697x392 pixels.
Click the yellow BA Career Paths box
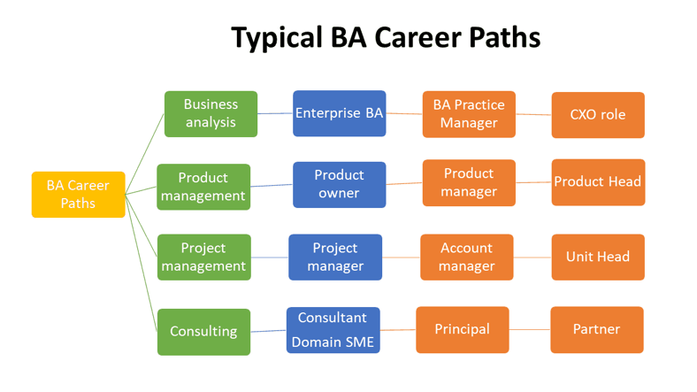[x=78, y=195]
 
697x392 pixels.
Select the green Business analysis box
[x=211, y=114]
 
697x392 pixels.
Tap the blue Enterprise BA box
[x=340, y=113]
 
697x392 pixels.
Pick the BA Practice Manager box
[x=469, y=114]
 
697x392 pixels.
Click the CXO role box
[x=598, y=115]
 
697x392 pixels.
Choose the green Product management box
[x=203, y=187]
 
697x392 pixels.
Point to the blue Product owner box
[x=340, y=184]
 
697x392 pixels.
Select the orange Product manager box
[x=469, y=183]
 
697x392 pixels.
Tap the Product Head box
[x=598, y=182]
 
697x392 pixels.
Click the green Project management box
[x=203, y=257]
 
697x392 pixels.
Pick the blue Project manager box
[x=336, y=257]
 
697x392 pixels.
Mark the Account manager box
[x=466, y=257]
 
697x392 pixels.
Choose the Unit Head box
[x=598, y=257]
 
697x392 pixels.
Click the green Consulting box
[x=203, y=332]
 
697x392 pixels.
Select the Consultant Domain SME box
[x=333, y=330]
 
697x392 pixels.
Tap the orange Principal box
[x=463, y=329]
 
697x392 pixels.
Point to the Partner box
[x=596, y=329]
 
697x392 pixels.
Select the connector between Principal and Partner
[x=530, y=329]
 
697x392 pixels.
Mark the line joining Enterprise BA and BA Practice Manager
[x=404, y=113]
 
